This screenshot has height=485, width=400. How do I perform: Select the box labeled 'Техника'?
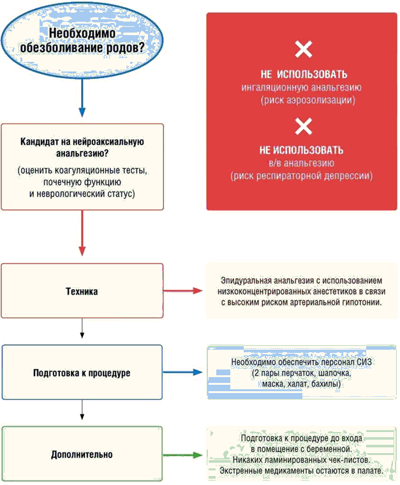82,291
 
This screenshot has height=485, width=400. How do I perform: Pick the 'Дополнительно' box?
82,455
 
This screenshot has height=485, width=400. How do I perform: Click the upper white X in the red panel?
303,50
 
